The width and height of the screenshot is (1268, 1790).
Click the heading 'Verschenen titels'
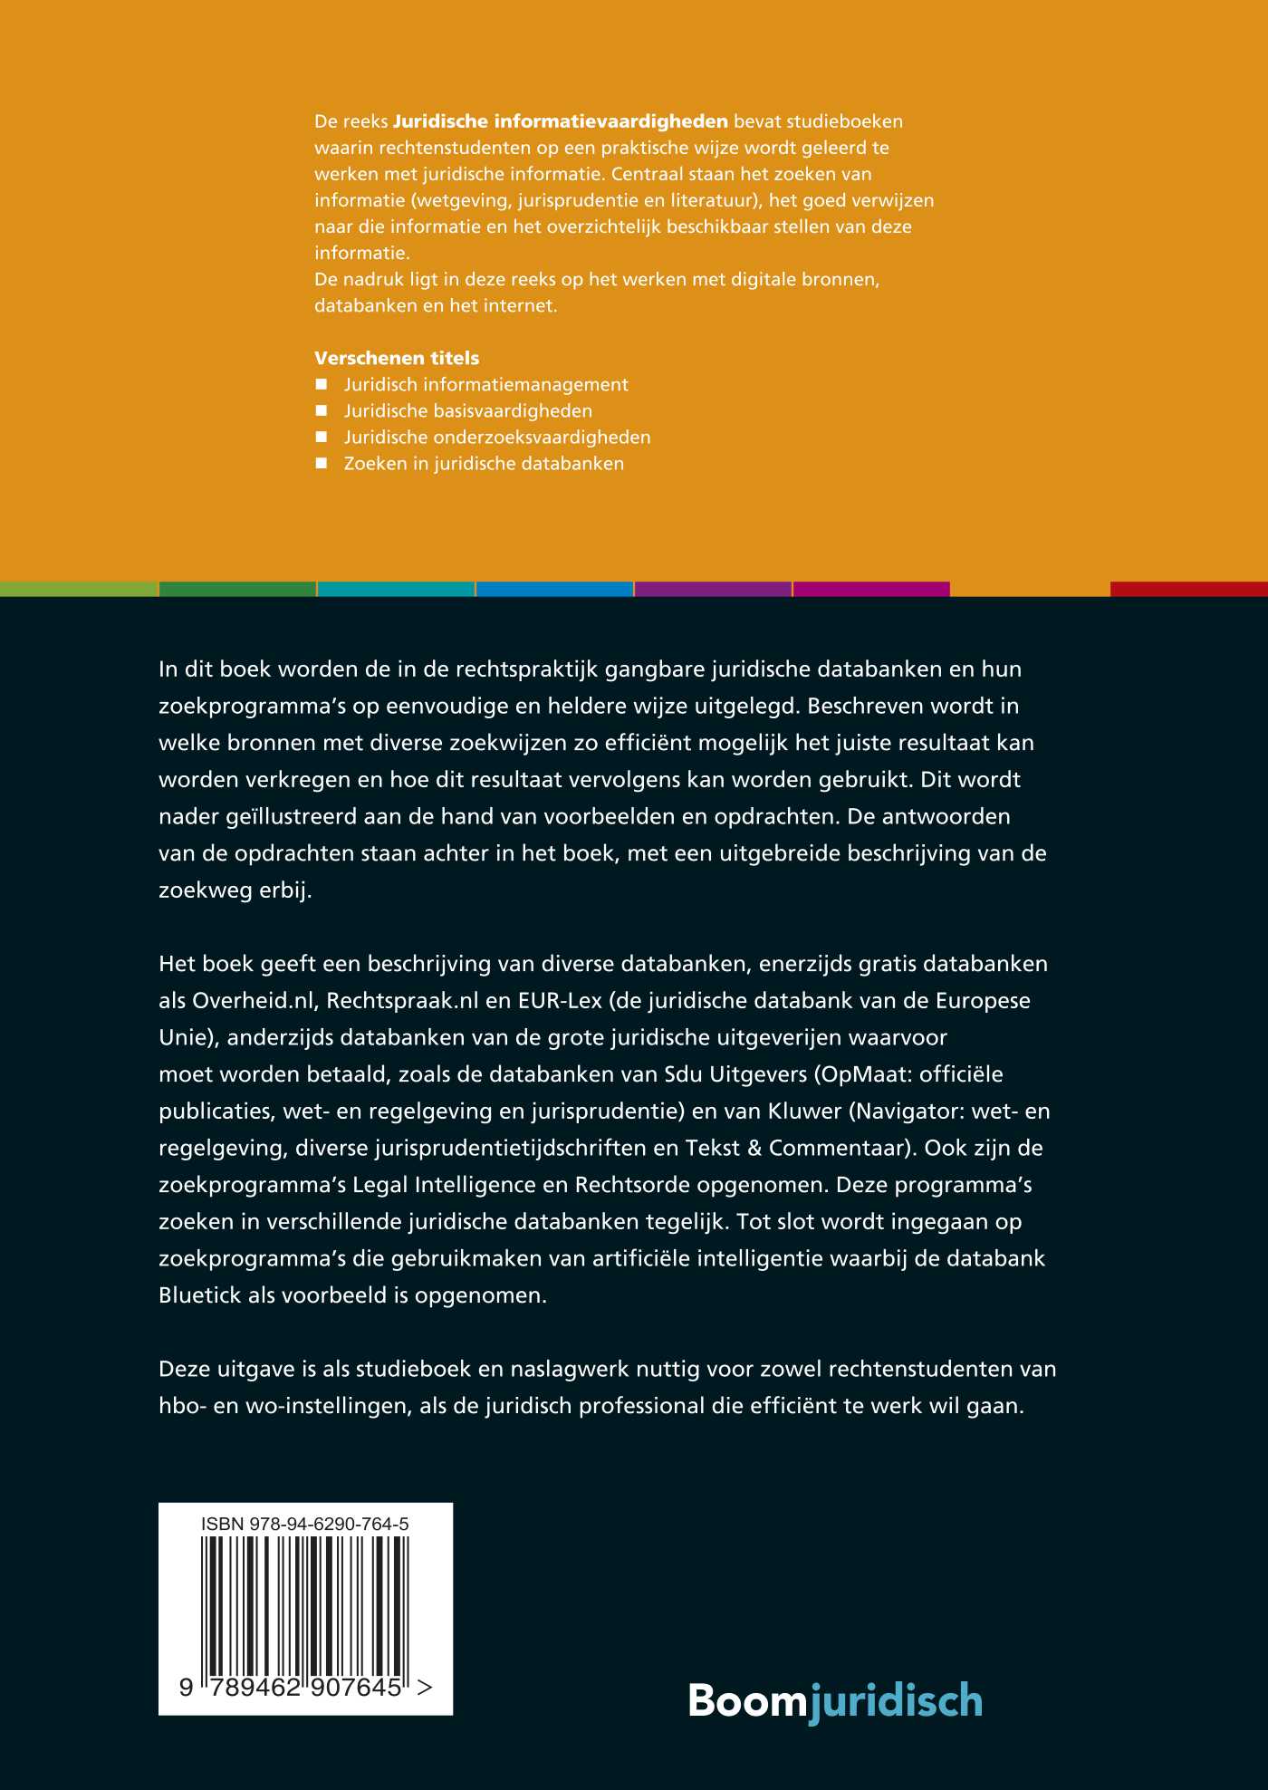(397, 358)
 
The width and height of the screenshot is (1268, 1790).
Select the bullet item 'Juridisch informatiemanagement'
(485, 384)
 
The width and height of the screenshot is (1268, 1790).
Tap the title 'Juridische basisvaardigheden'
(467, 410)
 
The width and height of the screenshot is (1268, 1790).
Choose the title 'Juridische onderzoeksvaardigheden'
(496, 437)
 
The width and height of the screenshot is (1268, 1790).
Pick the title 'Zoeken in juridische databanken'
(484, 463)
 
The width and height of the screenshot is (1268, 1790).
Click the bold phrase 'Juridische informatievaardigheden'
(560, 121)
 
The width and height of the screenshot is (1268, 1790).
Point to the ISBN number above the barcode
(304, 1524)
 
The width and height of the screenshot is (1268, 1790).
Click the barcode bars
(304, 1603)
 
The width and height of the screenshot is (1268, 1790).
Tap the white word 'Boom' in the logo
(747, 1700)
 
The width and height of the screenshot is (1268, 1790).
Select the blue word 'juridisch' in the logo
(896, 1700)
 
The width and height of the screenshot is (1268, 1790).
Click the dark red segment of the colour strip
(1188, 589)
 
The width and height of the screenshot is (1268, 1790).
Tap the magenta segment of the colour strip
(871, 589)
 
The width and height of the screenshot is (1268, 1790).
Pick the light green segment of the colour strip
(79, 589)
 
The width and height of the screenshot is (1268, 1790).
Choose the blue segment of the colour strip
(554, 589)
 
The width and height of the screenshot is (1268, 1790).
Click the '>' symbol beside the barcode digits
(425, 1687)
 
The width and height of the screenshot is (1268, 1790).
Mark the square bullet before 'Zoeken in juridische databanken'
(321, 463)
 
